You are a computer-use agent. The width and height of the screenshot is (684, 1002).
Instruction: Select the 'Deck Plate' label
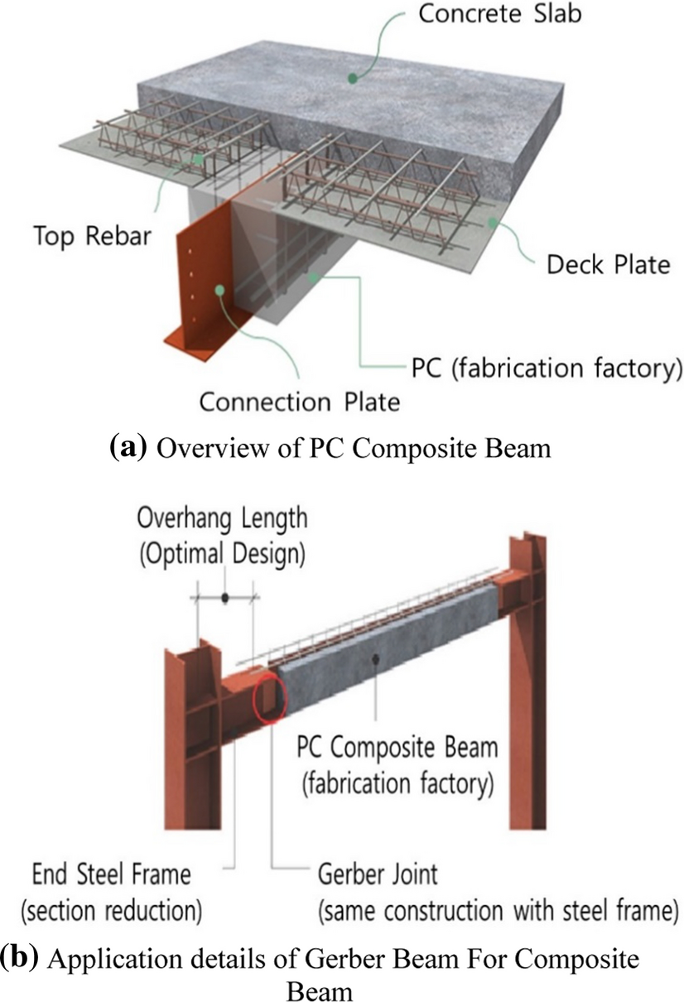608,265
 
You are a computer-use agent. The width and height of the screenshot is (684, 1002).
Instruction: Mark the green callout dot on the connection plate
221,289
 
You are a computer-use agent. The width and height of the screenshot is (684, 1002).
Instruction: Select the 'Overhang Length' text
222,520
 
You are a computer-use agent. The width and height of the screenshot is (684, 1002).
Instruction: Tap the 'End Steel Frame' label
111,874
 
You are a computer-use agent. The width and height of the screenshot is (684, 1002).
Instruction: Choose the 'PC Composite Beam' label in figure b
397,749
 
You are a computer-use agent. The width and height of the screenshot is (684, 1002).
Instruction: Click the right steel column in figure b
527,679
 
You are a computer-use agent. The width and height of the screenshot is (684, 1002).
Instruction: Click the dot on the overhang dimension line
224,596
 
